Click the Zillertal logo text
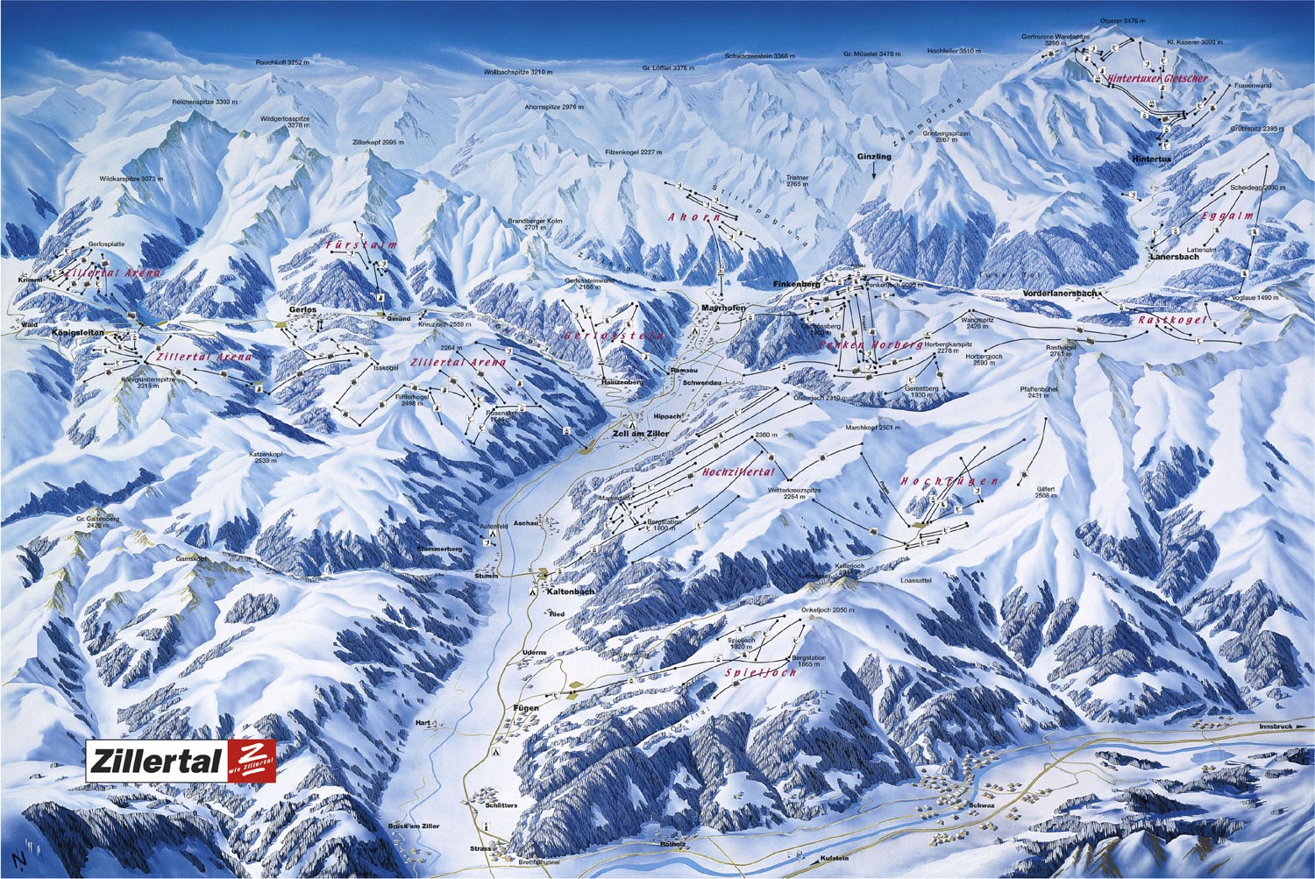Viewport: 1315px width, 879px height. [x=155, y=761]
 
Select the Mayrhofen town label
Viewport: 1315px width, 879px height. [x=723, y=308]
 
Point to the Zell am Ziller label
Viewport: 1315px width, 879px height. [x=641, y=434]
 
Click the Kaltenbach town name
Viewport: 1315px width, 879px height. [x=570, y=592]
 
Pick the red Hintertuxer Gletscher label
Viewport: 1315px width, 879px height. [x=1157, y=78]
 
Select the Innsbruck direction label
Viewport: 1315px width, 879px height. [x=1276, y=727]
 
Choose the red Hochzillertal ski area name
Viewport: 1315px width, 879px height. [x=738, y=472]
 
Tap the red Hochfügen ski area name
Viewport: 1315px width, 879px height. [x=949, y=481]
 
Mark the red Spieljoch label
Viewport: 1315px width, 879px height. [x=760, y=672]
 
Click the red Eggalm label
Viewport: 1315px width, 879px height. [x=1227, y=216]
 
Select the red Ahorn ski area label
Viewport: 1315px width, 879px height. [x=694, y=216]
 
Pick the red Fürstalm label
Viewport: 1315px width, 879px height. [x=361, y=245]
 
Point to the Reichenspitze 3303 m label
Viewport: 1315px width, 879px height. [x=205, y=103]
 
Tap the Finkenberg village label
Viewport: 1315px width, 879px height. [x=795, y=285]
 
